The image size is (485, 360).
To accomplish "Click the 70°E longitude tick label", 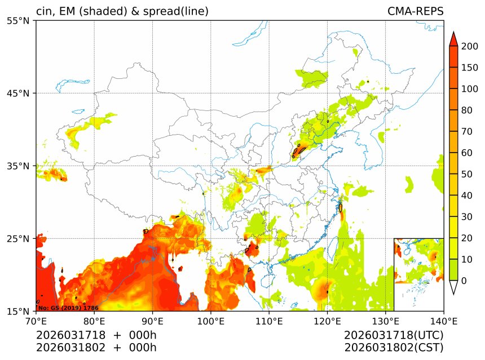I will coord(36,321).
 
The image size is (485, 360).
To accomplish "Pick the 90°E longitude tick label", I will coord(152,321).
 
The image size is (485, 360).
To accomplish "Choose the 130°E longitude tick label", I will coord(385,321).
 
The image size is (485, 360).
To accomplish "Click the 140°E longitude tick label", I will coord(443,321).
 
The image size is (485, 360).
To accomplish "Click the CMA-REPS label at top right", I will coord(415,11).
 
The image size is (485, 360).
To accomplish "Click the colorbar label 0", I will coord(464,281).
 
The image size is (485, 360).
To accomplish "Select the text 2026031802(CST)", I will coord(394,348).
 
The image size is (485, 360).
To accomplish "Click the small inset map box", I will coord(418,260).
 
